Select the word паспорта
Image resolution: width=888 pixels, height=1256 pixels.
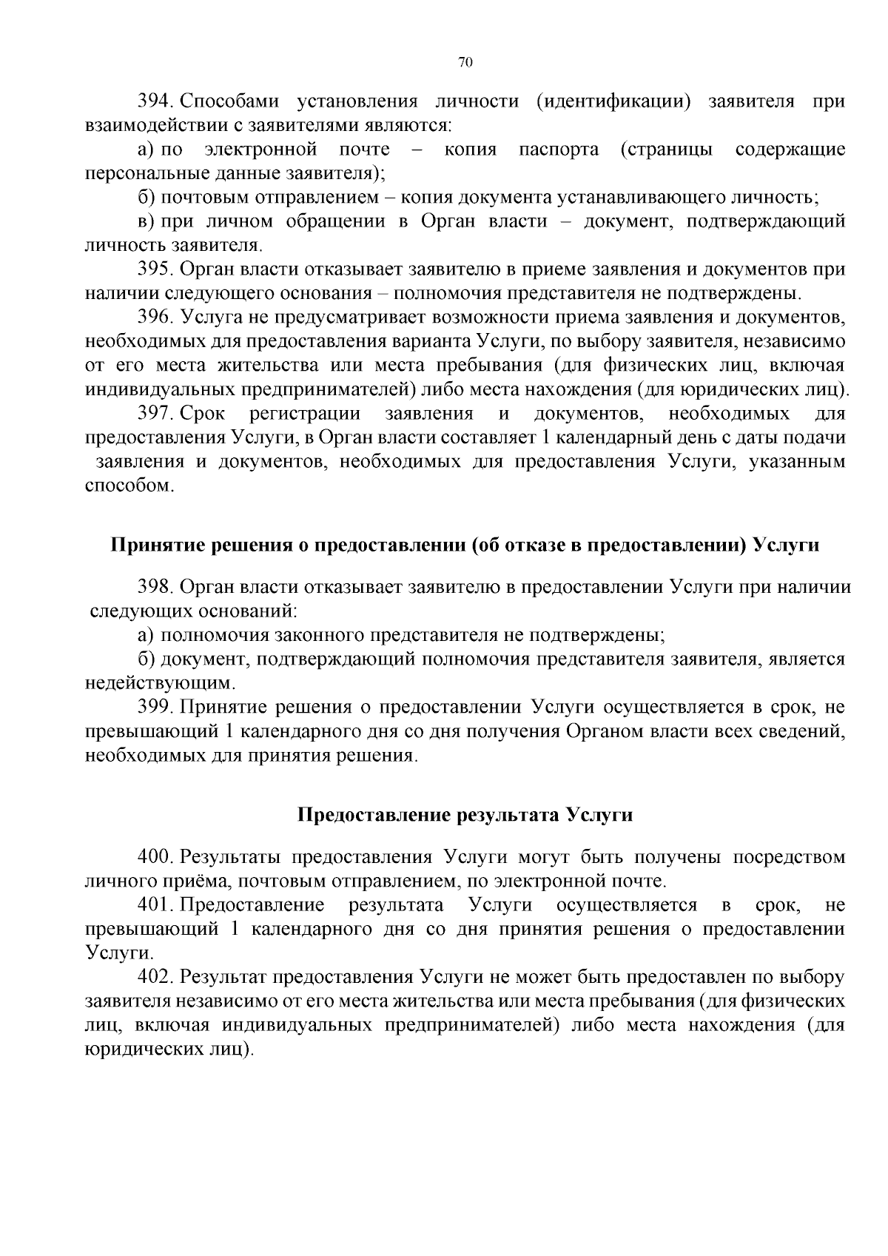tap(559, 150)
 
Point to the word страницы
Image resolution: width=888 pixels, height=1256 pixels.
tap(667, 150)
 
